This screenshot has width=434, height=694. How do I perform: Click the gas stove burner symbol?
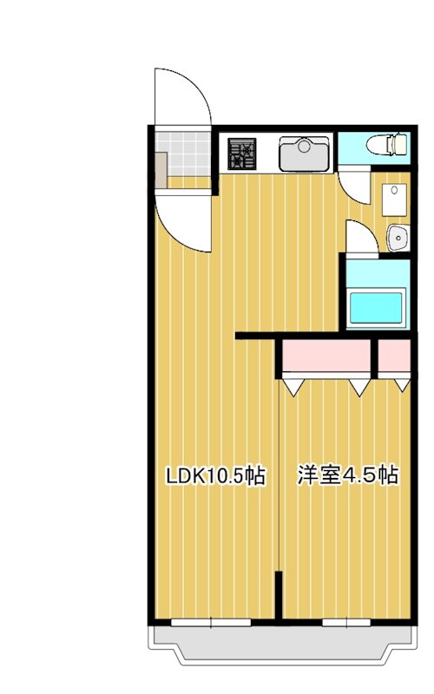tap(242, 154)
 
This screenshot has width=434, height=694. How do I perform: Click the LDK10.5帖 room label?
tap(216, 475)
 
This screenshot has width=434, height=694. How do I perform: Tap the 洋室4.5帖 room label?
tap(347, 475)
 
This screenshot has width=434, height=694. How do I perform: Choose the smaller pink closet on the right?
tap(394, 357)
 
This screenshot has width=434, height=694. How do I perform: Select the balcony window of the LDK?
tap(211, 621)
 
